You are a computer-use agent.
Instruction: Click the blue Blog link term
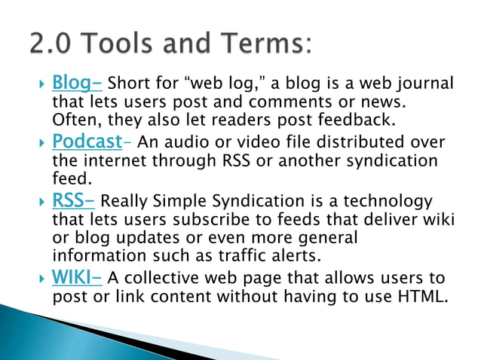[x=75, y=82]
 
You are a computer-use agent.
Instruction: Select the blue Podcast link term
[x=87, y=141]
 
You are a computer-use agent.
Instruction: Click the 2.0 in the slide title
[x=53, y=44]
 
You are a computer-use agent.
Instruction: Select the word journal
[x=426, y=83]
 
